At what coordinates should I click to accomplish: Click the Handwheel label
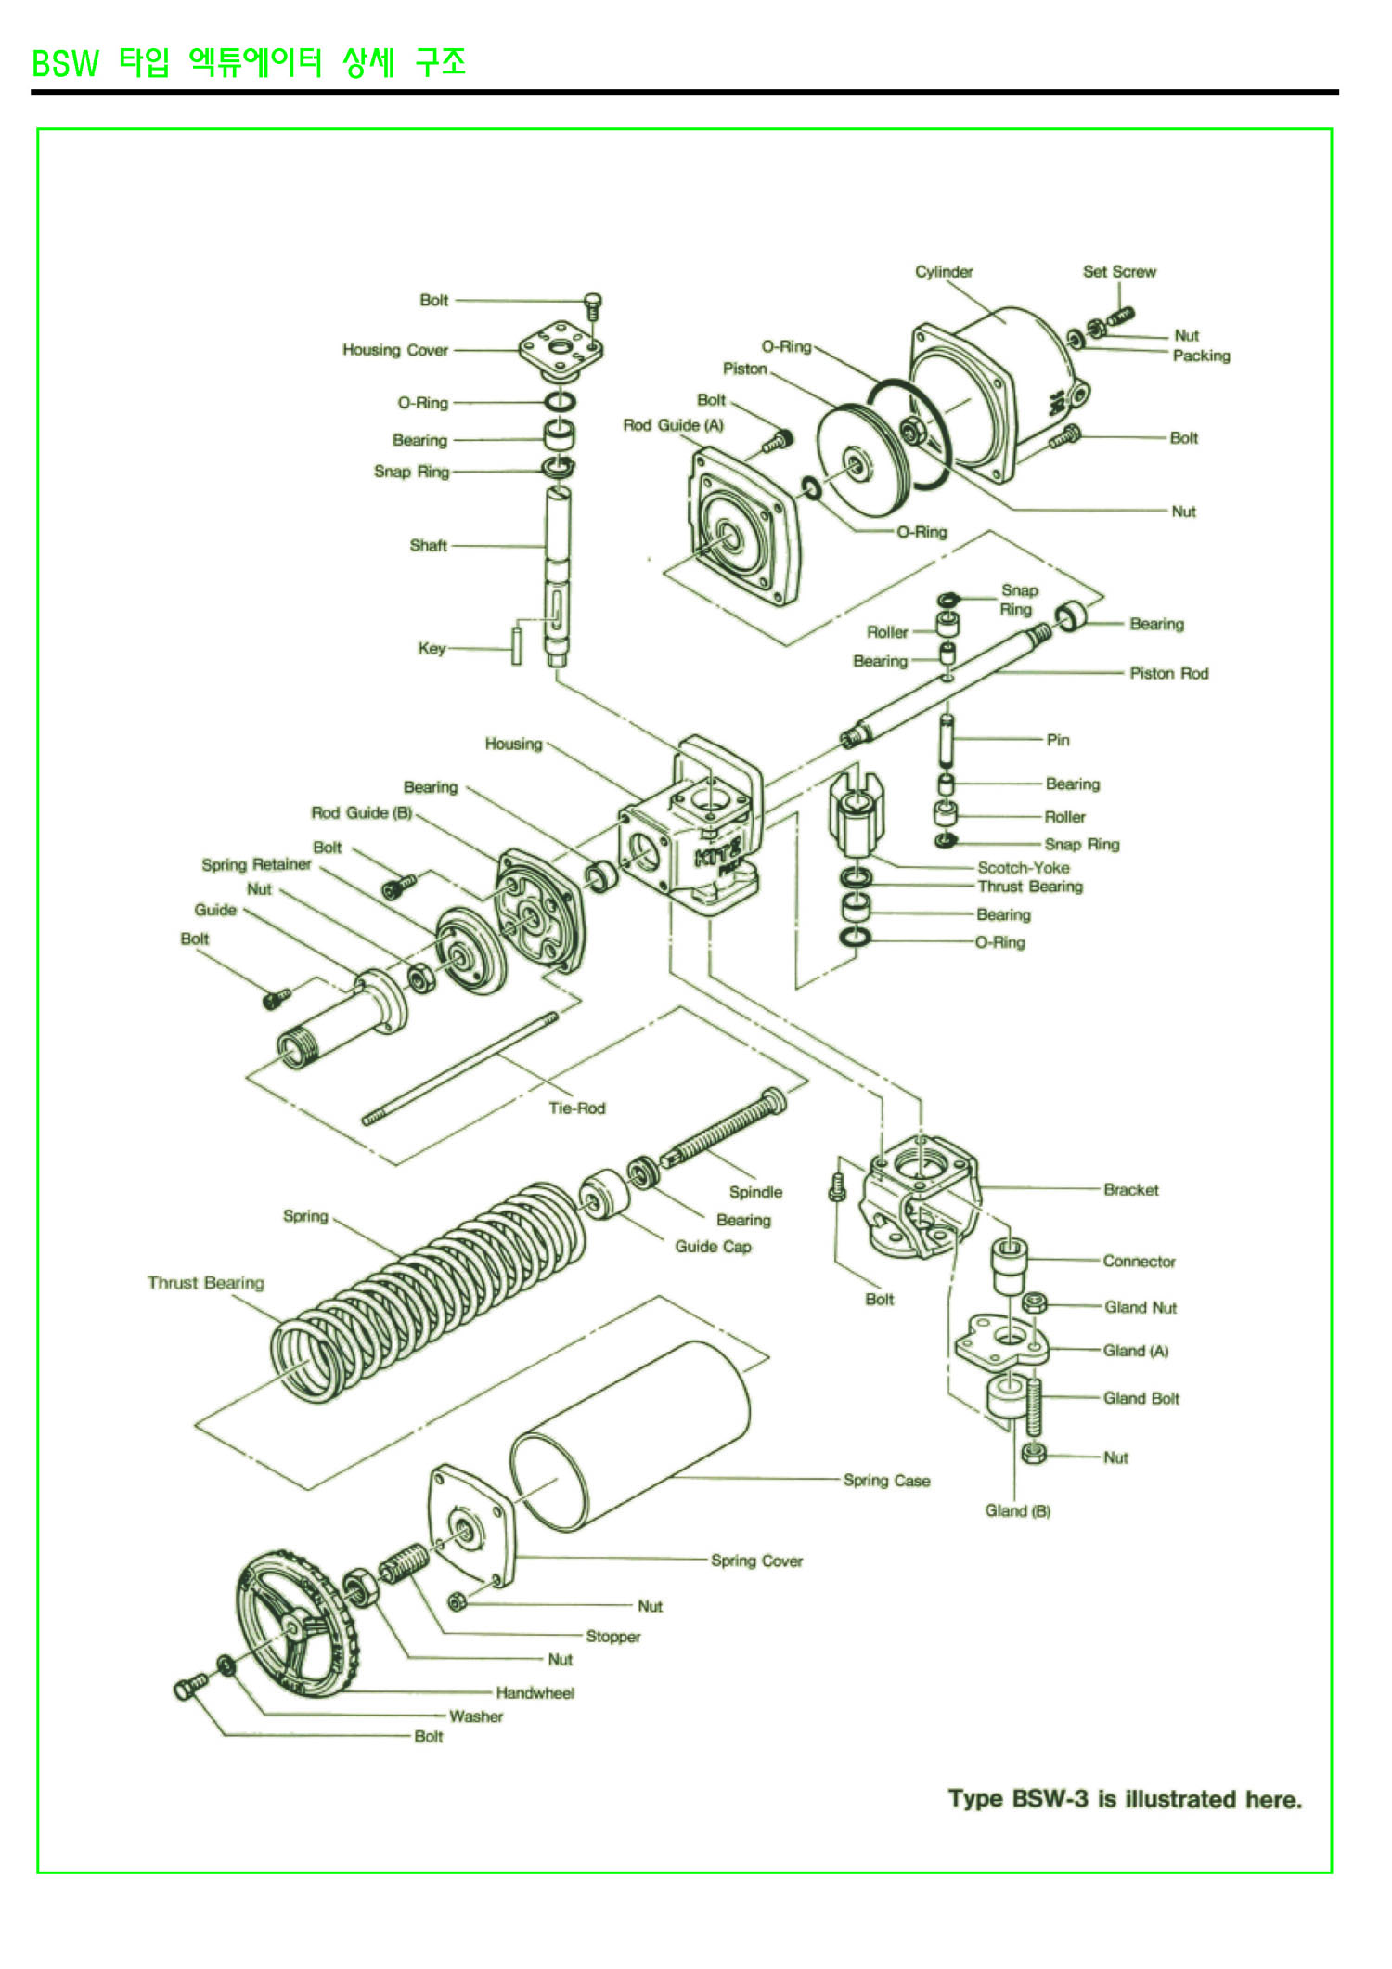[535, 1692]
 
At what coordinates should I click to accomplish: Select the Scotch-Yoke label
[1023, 867]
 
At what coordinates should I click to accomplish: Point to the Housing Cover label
[395, 350]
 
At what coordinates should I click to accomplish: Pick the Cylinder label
[944, 271]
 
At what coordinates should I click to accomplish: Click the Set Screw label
[1119, 271]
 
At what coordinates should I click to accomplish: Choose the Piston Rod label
[1169, 673]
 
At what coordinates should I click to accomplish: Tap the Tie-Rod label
[576, 1108]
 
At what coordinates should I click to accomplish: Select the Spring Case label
[886, 1480]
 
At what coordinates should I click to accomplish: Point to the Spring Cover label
[756, 1561]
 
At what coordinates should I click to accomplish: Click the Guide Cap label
[713, 1246]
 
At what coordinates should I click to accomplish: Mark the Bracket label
[1130, 1189]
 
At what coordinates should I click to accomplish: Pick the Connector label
[1139, 1261]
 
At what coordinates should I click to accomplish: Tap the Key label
[432, 648]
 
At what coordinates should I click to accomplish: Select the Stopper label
[612, 1636]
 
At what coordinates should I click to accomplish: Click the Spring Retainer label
[256, 864]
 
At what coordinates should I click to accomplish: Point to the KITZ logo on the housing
[718, 851]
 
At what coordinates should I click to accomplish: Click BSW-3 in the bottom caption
[1050, 1799]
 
